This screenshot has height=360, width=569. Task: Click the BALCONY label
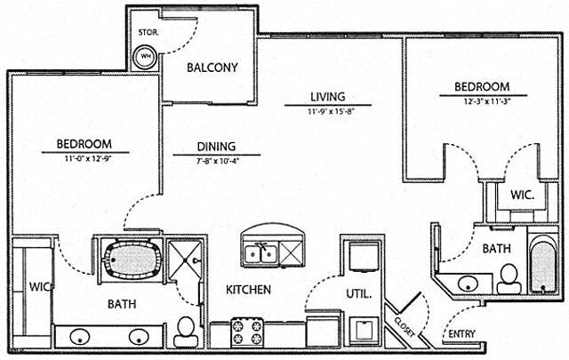212,67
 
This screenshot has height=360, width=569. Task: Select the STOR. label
148,34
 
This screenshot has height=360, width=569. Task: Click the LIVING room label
327,97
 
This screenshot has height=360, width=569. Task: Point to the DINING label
216,147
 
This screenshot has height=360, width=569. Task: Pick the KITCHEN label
248,290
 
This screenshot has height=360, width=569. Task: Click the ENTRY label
461,333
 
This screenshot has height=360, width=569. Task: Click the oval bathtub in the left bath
132,260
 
